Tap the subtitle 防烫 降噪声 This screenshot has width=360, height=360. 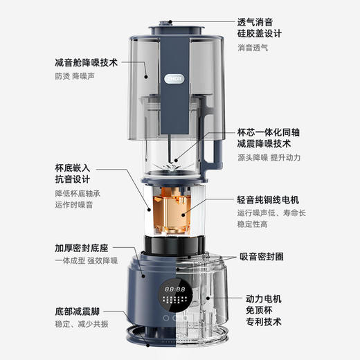(x=74, y=78)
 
